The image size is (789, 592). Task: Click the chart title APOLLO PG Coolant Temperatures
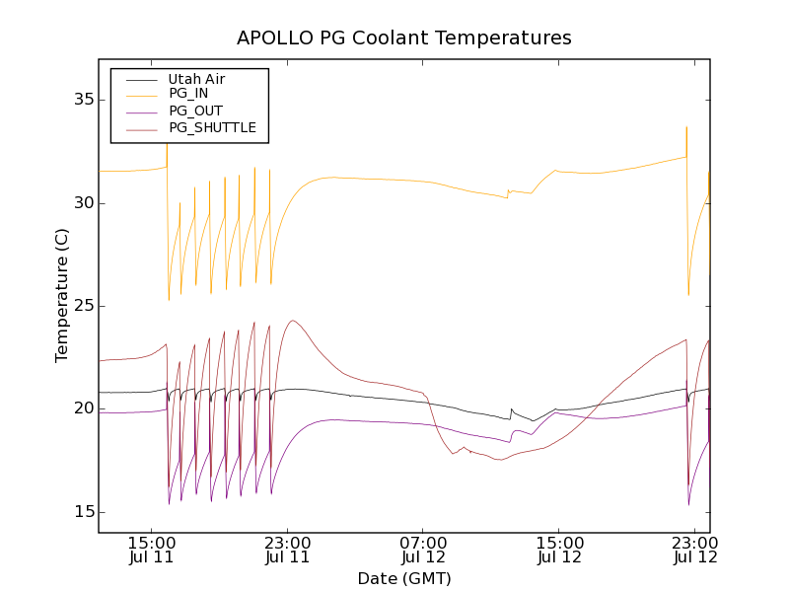(x=404, y=38)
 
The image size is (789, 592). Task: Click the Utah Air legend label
(x=197, y=78)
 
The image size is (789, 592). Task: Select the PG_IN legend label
(x=188, y=94)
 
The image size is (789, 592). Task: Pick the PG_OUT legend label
(x=195, y=111)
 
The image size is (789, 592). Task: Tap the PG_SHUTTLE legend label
(x=212, y=127)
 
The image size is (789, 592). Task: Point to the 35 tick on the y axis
(x=82, y=100)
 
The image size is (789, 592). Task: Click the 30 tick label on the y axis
(x=82, y=202)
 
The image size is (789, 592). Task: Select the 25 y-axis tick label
(x=82, y=306)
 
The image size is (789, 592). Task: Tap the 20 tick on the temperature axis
(x=82, y=408)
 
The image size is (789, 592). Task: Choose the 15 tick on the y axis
(x=82, y=511)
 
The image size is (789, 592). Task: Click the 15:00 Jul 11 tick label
(x=152, y=550)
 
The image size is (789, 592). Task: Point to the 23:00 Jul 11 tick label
(x=288, y=550)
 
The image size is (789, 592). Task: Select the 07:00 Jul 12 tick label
(x=423, y=550)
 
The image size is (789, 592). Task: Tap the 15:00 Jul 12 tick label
(x=559, y=550)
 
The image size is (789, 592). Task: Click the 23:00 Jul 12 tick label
(x=694, y=550)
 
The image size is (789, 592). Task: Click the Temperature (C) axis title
(x=62, y=296)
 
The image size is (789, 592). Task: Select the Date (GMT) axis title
(x=404, y=578)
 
